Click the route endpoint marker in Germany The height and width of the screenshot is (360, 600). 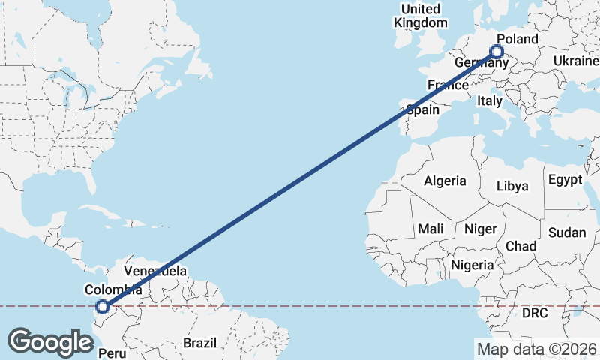point(496,52)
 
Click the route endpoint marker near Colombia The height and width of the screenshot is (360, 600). point(103,306)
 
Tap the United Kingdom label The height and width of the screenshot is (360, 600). point(420,16)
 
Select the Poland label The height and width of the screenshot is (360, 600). point(517,39)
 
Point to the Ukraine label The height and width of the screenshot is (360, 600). point(576,61)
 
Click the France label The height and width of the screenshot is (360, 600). point(448,85)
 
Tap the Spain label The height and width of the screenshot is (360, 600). point(422,109)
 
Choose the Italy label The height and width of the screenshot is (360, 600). point(490,100)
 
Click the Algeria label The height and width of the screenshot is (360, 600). point(445,181)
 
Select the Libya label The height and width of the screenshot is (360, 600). point(513,185)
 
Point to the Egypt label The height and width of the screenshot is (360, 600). point(565,180)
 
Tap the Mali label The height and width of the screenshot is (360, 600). point(430,228)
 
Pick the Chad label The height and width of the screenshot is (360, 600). point(520,246)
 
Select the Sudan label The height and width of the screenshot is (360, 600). point(566,232)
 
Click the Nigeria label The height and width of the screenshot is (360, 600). point(472,265)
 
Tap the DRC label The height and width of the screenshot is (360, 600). point(535,311)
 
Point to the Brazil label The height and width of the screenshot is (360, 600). point(199,343)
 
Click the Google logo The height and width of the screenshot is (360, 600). point(50,342)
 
